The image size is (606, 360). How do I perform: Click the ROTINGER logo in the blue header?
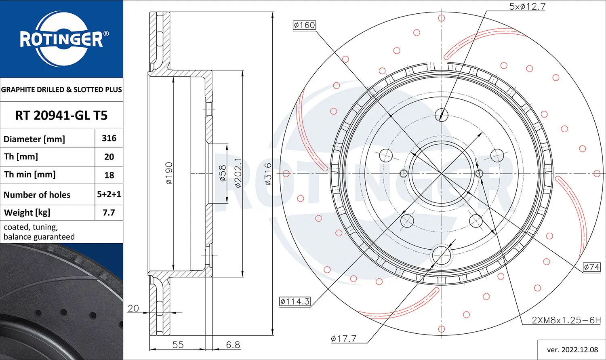[62, 39]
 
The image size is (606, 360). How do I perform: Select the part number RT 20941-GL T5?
[61, 116]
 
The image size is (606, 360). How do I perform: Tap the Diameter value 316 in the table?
[109, 138]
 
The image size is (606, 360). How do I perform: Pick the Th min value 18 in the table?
[109, 175]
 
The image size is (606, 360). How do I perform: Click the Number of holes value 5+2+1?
[109, 194]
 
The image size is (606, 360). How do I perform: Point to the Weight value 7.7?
[109, 213]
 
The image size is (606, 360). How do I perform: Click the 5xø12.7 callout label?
[527, 6]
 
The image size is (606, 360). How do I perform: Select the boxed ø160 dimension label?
[304, 25]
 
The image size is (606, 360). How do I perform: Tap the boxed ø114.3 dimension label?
[295, 301]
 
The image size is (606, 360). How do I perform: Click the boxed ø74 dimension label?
[592, 267]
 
